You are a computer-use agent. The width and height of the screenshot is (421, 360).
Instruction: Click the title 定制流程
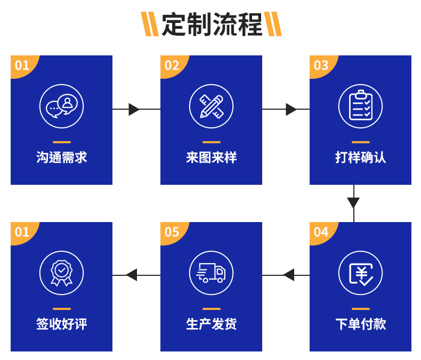coord(212,24)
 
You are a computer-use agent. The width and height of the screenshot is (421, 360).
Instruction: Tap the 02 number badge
coord(172,65)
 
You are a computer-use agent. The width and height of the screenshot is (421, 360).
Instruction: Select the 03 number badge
coord(321,65)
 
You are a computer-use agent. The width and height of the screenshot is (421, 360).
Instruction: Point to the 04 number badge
coord(321,232)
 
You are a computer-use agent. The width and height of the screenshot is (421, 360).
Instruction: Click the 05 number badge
coord(172,232)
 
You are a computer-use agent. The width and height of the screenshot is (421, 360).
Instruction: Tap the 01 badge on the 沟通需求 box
coord(22,65)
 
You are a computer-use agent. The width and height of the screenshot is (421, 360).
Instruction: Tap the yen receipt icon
coord(361,273)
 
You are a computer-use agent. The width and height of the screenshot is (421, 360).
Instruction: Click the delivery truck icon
coord(212,273)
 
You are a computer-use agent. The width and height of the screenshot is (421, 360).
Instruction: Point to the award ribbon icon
coord(62,273)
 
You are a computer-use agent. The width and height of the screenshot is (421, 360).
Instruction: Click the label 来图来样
coord(212,158)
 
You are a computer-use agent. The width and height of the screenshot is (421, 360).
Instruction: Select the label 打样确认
coord(361,158)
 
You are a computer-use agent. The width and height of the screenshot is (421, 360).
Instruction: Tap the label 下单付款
coord(361,324)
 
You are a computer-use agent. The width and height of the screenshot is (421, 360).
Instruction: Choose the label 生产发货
coord(212,324)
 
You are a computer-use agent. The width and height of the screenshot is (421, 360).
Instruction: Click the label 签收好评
coord(62,324)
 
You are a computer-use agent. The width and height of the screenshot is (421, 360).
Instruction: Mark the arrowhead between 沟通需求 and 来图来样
coord(134,109)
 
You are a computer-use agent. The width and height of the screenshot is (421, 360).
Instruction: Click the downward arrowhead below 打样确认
coord(353,203)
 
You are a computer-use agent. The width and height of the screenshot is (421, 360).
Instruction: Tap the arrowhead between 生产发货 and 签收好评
coord(132,275)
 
